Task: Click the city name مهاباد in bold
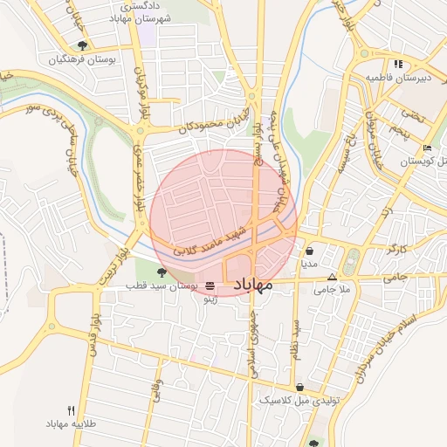coord(253,285)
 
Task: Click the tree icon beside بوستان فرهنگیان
coord(82,45)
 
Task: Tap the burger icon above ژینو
coord(210,286)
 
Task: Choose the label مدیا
coord(310,262)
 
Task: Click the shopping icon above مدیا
coord(310,251)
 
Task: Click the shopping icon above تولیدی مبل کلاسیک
coord(299,387)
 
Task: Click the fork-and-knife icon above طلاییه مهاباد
coord(72,410)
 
